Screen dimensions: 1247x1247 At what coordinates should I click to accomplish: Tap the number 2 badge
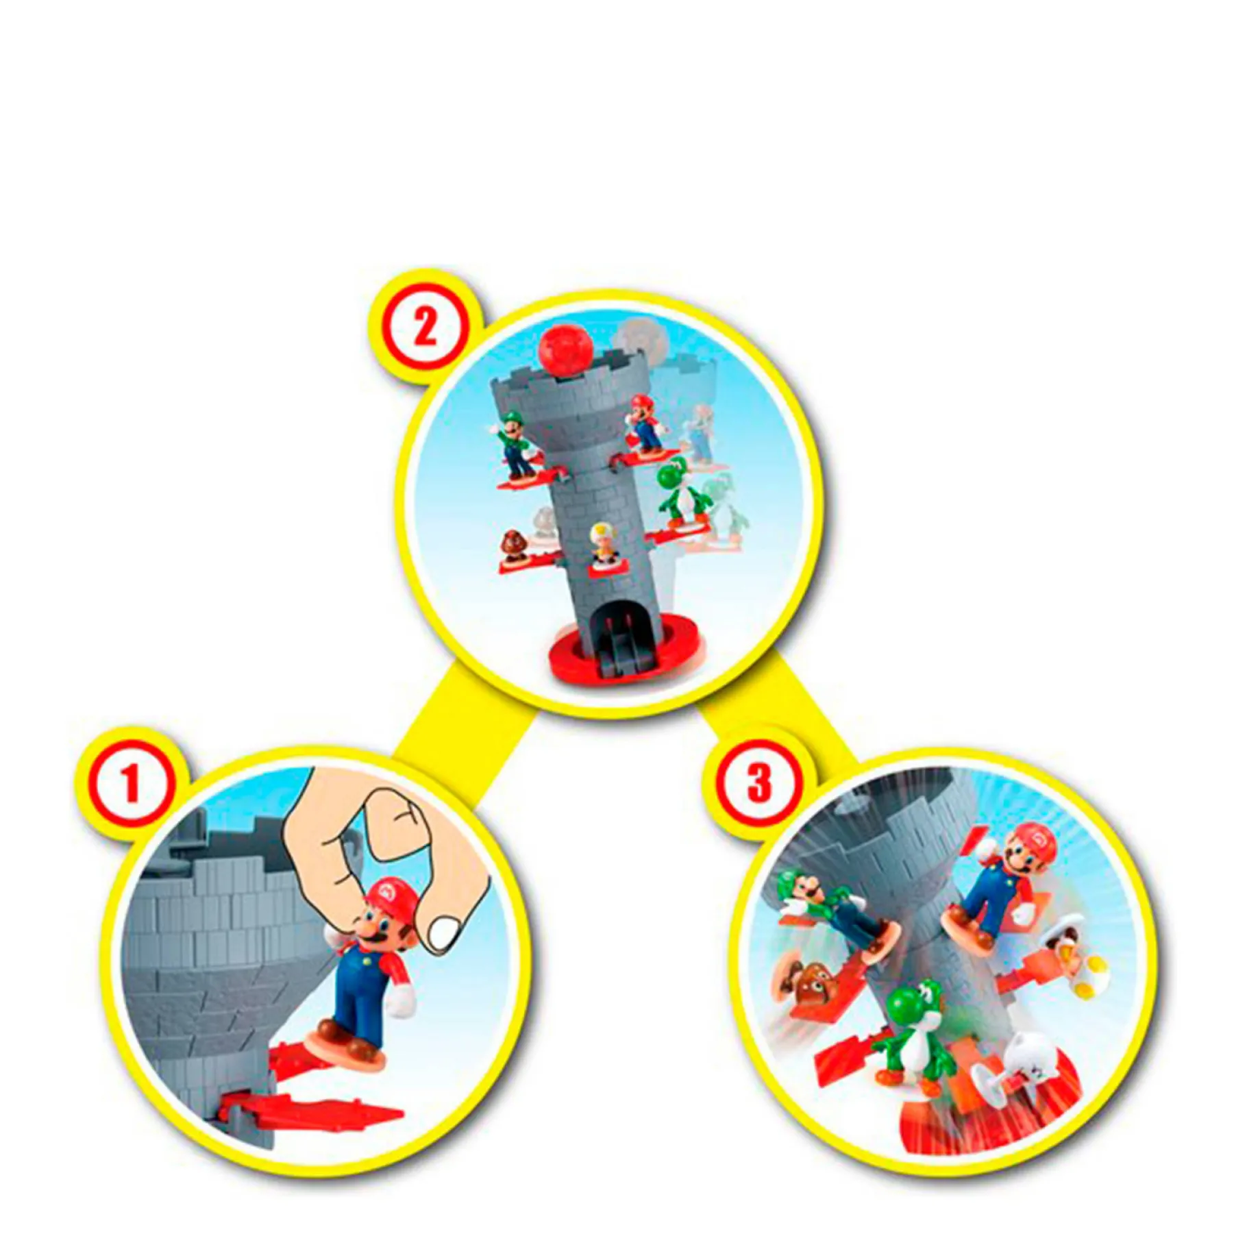(425, 328)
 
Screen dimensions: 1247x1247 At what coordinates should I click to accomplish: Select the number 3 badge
(759, 783)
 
